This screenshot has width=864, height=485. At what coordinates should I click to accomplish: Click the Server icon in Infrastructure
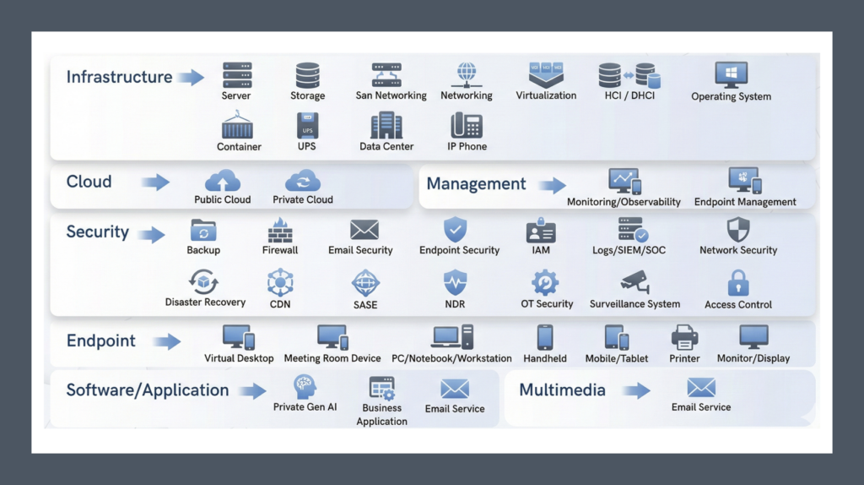point(236,75)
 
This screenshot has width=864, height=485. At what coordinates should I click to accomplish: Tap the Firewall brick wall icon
point(280,230)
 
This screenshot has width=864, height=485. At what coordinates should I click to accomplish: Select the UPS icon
point(307,126)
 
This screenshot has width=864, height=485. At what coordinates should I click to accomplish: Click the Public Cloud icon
point(223,181)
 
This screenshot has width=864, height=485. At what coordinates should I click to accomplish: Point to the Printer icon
point(684,338)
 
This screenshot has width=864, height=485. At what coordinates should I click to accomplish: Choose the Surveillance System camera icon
point(634,282)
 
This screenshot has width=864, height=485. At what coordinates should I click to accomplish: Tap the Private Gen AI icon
point(305,388)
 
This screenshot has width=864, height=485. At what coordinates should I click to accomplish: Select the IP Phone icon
point(467,126)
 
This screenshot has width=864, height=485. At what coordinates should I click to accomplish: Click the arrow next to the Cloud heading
point(155,183)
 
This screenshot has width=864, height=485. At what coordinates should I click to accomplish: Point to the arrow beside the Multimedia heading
point(636,390)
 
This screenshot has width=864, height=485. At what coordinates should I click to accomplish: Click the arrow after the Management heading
point(552,185)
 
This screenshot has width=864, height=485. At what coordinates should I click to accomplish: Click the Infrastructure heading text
point(119,77)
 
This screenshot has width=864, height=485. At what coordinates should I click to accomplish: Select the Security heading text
point(98,232)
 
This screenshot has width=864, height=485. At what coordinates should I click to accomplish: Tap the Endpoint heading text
point(101,341)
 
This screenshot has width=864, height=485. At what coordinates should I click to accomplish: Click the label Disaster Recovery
point(205,302)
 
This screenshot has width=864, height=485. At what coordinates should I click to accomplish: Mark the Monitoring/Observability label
point(624,202)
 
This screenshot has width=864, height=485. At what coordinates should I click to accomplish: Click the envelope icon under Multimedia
point(701,388)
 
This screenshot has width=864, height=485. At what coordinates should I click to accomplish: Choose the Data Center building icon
point(386,126)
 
